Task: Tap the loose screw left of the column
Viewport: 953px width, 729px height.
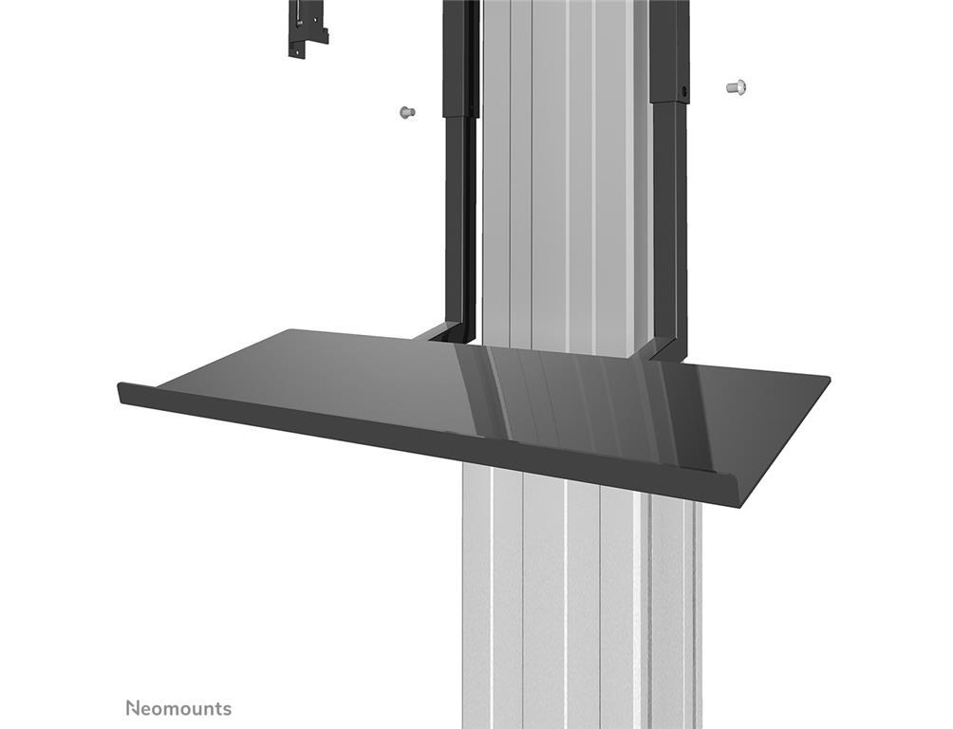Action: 407,112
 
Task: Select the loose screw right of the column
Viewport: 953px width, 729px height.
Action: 736,87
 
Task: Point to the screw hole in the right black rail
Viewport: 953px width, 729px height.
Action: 685,92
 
